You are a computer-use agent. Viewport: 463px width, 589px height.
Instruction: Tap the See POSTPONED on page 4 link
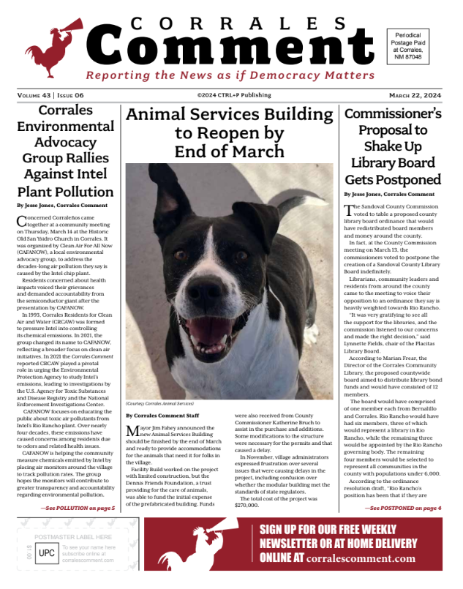tap(403, 508)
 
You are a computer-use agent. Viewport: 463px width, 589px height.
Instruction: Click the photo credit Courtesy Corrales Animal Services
tap(162, 403)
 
